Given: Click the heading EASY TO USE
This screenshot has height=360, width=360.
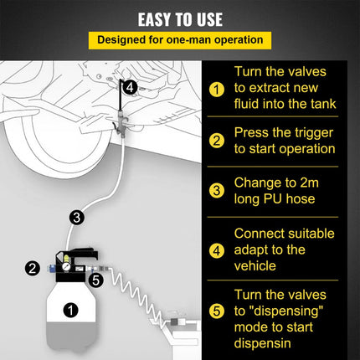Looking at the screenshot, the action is (x=180, y=19).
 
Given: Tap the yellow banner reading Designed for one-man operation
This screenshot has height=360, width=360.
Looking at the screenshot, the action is (x=180, y=40).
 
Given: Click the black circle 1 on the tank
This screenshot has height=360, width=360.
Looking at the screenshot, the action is (x=70, y=310).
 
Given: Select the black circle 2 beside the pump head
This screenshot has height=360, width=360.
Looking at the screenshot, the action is (x=33, y=268).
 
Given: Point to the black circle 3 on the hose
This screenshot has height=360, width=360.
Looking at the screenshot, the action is (x=77, y=218).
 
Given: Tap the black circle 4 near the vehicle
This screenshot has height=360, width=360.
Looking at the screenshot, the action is (x=130, y=87).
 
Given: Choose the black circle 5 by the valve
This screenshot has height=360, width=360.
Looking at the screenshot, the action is (x=96, y=280).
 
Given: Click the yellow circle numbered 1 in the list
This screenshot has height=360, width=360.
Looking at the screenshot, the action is (x=217, y=90).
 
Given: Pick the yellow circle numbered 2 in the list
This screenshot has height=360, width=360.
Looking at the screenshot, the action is (x=217, y=141).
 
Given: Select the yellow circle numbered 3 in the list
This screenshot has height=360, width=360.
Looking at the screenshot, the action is (x=217, y=191).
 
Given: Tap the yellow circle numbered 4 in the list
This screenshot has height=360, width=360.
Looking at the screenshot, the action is (x=217, y=250).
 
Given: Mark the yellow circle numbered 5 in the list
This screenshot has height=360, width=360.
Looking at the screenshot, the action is (x=217, y=311).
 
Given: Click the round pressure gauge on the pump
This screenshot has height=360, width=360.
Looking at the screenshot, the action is (x=66, y=266).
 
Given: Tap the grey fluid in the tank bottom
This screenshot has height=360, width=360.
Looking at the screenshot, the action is (x=72, y=337).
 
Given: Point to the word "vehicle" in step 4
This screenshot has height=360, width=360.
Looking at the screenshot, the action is (x=255, y=266).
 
